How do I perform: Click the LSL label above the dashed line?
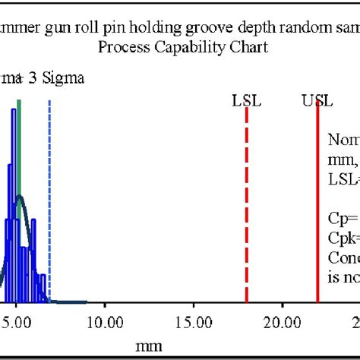[247, 101]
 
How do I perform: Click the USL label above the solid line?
[317, 101]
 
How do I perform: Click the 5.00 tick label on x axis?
[17, 322]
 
